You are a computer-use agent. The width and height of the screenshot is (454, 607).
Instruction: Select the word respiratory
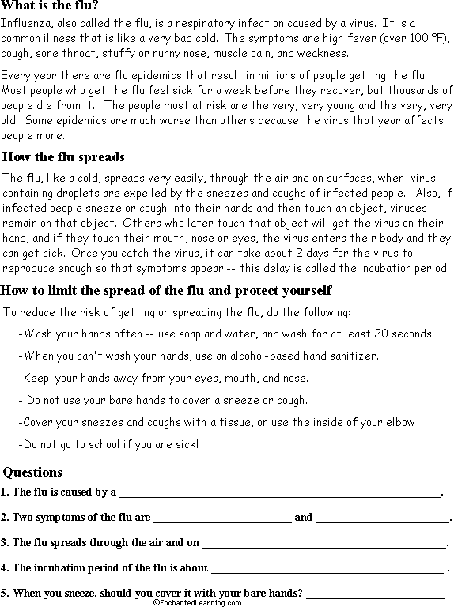[x=239, y=24]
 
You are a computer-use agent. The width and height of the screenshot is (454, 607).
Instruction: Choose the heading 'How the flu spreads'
[x=64, y=156]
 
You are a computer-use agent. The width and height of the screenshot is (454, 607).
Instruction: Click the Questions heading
[x=32, y=473]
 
